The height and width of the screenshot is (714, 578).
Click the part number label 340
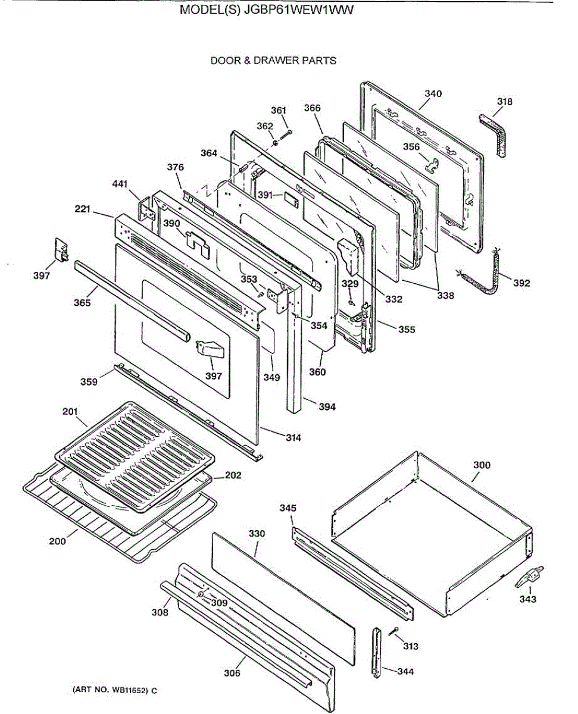[433, 93]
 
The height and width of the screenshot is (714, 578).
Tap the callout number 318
[504, 102]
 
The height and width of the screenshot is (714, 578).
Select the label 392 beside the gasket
[521, 283]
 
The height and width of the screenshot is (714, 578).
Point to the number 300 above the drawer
[482, 465]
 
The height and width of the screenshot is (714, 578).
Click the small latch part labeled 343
[529, 577]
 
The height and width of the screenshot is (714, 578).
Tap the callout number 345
[288, 508]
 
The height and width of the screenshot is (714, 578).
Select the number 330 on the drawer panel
[257, 534]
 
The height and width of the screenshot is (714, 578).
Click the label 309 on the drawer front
[219, 603]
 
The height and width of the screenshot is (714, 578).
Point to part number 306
[232, 673]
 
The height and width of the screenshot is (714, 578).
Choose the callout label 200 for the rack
[58, 541]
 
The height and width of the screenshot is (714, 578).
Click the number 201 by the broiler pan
[71, 411]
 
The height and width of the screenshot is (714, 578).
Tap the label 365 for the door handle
[82, 303]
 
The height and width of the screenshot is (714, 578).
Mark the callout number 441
[120, 185]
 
